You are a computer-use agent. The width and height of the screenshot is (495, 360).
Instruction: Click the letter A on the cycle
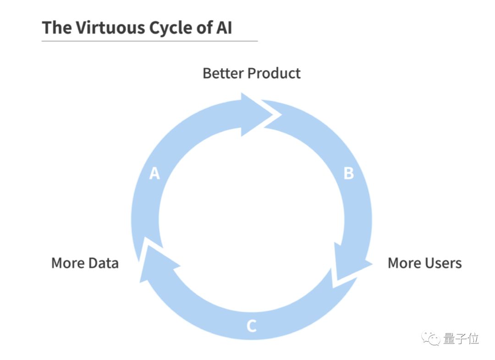coord(155,174)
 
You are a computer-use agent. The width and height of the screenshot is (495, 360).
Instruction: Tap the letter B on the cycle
coord(349,174)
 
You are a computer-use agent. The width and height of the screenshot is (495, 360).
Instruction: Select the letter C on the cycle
coord(251,326)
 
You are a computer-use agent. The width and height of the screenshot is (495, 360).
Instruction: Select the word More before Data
coord(67,263)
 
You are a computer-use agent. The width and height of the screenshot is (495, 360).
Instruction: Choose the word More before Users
coord(403,263)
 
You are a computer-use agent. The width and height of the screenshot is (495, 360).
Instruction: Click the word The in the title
coord(56,28)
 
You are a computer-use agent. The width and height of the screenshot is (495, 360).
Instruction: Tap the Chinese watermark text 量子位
coord(461,339)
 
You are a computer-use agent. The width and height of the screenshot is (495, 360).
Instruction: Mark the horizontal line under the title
coord(149,41)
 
